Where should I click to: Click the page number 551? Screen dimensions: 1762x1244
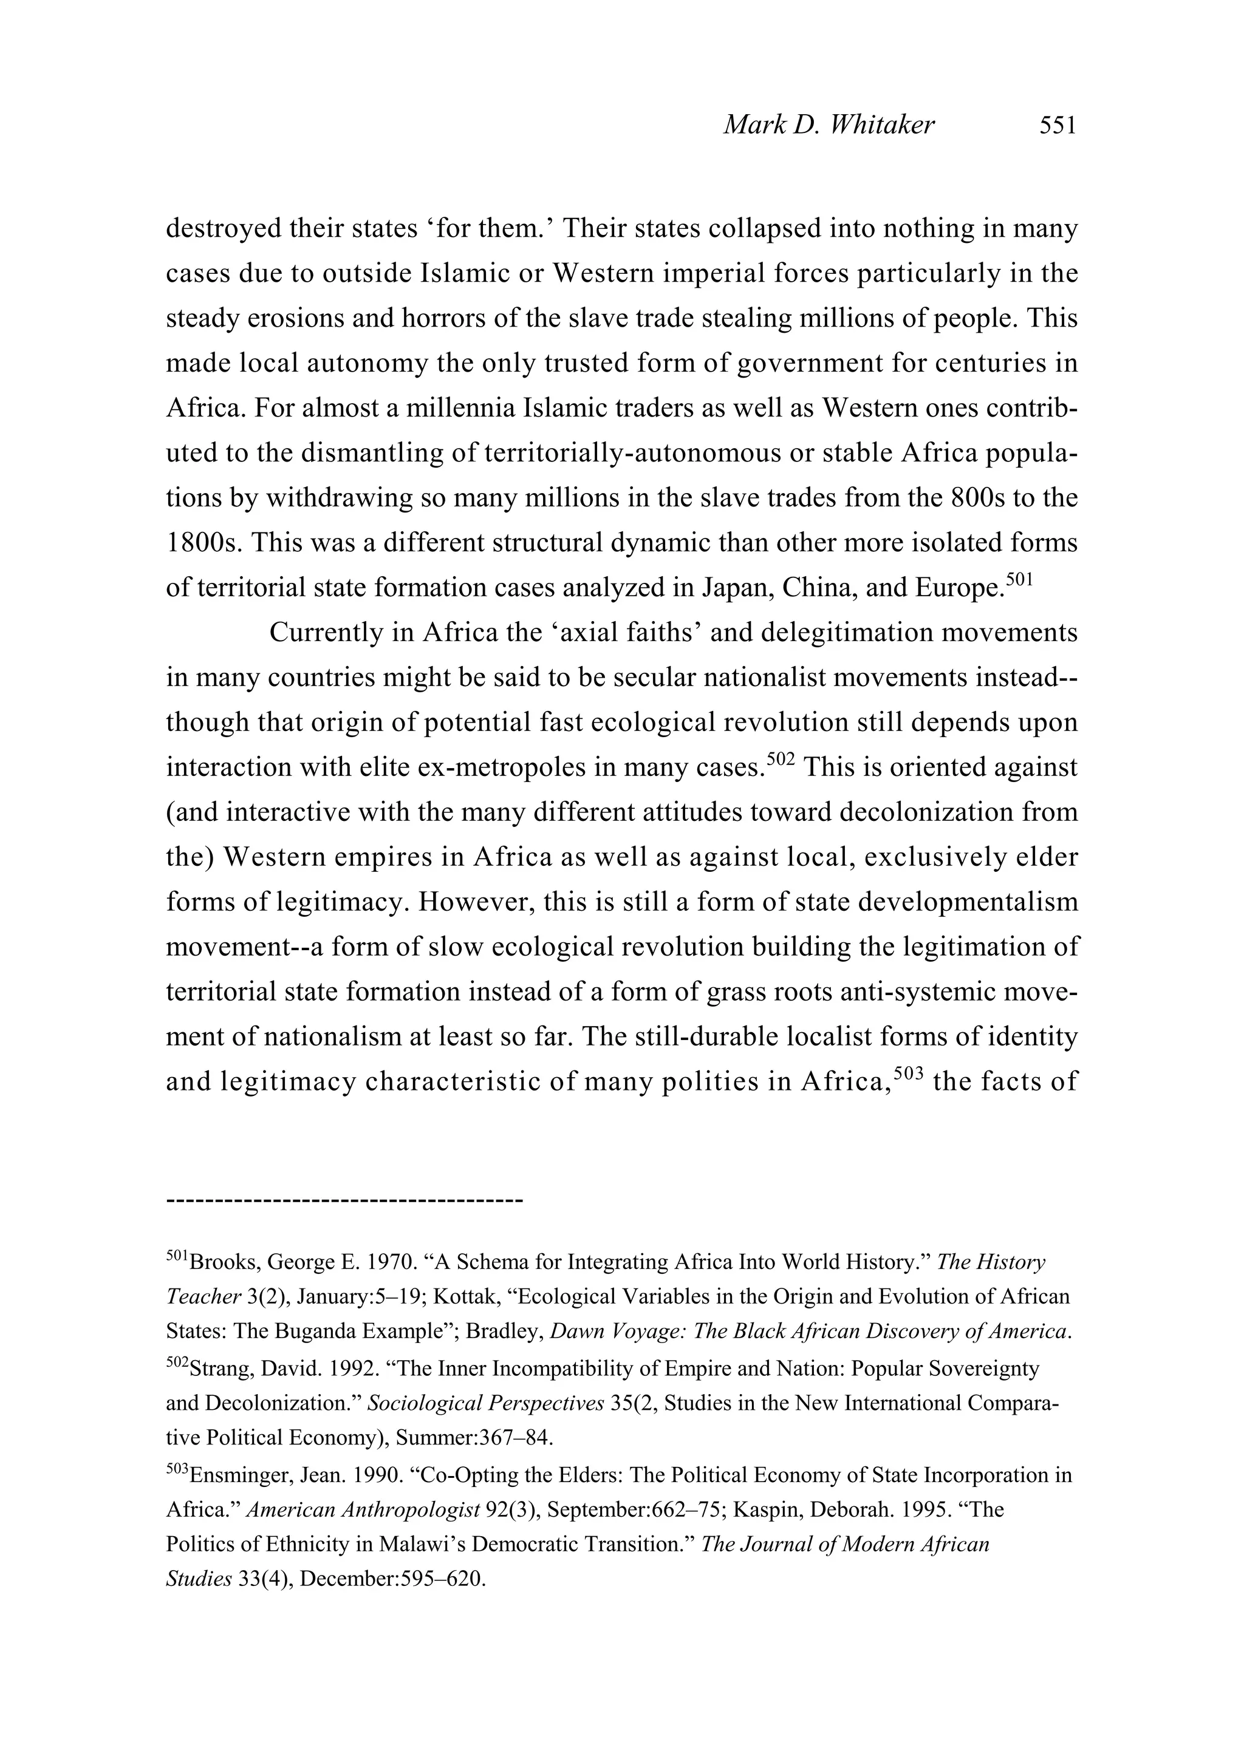1058,125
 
